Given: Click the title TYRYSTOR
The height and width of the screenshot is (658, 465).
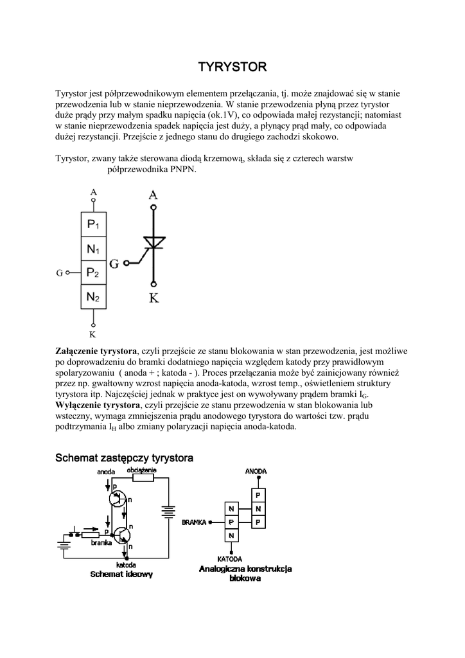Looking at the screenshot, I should point(232,67).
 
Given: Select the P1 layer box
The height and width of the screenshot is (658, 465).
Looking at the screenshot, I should point(94,225).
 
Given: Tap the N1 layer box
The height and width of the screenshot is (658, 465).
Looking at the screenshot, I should point(94,249).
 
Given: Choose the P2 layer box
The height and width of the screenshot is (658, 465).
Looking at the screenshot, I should point(94,272).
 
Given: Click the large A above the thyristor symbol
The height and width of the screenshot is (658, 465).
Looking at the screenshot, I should point(153,195).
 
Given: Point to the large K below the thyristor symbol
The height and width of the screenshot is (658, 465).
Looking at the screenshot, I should point(154,298).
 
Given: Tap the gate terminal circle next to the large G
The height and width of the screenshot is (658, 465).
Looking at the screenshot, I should point(127,263).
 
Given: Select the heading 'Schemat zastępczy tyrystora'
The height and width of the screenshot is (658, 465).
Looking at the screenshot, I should point(124,458).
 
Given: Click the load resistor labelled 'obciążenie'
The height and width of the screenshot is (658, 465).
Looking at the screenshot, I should point(143,477).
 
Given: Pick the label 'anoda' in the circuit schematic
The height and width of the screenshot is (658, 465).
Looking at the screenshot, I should point(106,472).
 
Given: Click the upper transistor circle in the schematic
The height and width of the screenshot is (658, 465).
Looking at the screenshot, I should point(119,499).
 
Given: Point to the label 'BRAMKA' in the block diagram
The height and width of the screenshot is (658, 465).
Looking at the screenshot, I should point(194,522).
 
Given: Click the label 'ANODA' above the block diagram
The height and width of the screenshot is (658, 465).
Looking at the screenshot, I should point(256,472).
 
